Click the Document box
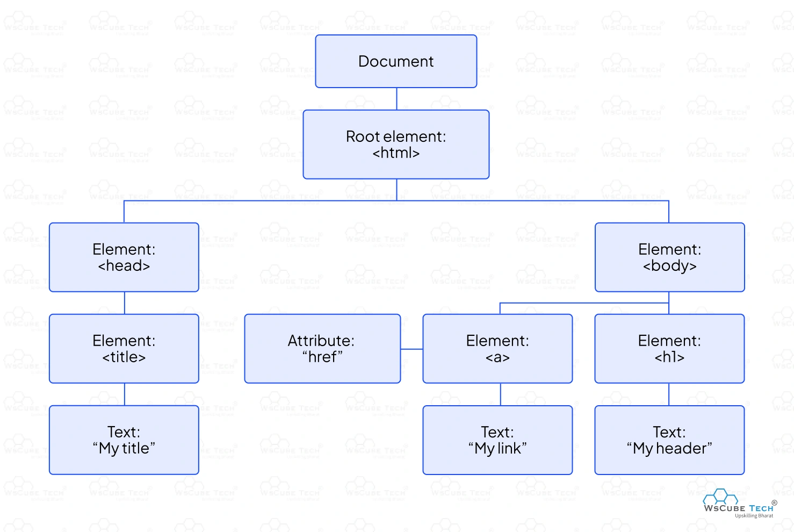click(x=396, y=61)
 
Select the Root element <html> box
click(x=396, y=145)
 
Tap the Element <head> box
click(x=124, y=257)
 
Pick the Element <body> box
click(x=669, y=257)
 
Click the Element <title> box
click(x=124, y=349)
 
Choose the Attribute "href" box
click(x=322, y=349)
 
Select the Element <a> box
click(x=497, y=349)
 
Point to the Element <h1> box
click(x=669, y=349)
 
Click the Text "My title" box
click(x=124, y=440)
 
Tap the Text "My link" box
click(x=497, y=440)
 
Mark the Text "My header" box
click(x=669, y=440)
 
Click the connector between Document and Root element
click(x=396, y=99)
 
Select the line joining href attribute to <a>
click(x=412, y=349)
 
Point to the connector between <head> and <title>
click(x=125, y=303)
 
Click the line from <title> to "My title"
click(x=125, y=394)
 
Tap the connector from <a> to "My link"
click(x=501, y=394)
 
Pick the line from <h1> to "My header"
click(x=669, y=394)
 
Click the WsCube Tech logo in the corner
click(x=739, y=502)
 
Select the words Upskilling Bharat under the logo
click(x=754, y=516)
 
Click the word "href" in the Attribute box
click(x=322, y=357)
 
